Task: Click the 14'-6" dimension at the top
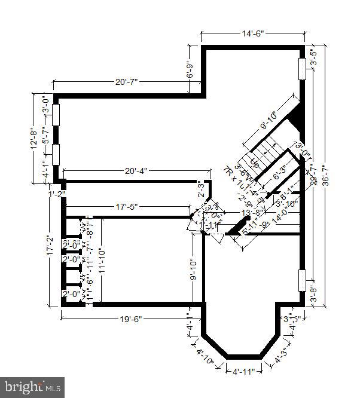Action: coord(253,35)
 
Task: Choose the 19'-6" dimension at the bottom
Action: coord(130,319)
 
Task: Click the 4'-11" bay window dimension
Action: coord(244,371)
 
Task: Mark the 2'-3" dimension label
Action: coord(202,191)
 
